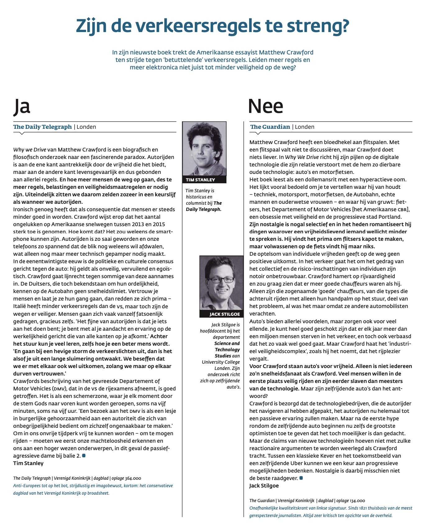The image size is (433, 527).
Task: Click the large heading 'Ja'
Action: pos(22,106)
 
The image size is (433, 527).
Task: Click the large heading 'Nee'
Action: pos(266,106)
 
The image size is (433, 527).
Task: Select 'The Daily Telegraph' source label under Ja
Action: pos(43,127)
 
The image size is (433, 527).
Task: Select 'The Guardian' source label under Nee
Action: pos(270,127)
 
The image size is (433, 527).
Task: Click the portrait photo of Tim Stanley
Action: pos(204,149)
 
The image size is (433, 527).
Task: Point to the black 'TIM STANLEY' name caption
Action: pos(200,180)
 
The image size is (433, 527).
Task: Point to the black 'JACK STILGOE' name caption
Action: pos(225,314)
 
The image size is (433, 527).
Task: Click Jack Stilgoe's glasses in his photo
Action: pos(221,280)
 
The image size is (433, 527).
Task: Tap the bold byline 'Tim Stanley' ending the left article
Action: pos(28,463)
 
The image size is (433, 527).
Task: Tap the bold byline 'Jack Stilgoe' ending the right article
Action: pos(264,486)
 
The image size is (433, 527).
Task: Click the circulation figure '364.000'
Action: pos(133,478)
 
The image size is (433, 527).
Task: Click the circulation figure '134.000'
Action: pos(357,501)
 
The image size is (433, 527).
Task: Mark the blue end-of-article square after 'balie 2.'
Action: pos(84,455)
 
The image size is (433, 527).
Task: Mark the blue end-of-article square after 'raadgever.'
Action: pos(301,478)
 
